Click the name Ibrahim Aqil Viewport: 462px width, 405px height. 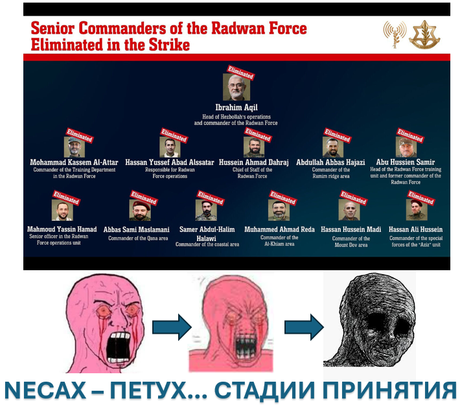(x=237, y=108)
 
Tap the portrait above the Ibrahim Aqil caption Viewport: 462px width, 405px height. (x=237, y=87)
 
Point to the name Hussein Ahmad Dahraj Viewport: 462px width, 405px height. (x=254, y=163)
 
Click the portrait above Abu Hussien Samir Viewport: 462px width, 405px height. (x=406, y=147)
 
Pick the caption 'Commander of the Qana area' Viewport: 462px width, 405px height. (x=138, y=238)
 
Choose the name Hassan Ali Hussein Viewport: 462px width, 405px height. (x=415, y=229)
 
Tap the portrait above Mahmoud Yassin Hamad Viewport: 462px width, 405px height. (x=62, y=210)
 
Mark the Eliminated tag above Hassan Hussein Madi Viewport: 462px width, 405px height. (x=354, y=198)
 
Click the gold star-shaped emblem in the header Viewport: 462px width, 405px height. (x=424, y=35)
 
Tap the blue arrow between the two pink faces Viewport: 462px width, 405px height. (x=172, y=327)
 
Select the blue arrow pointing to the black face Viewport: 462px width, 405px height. (x=304, y=327)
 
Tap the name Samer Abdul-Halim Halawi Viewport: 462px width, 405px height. (x=207, y=234)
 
